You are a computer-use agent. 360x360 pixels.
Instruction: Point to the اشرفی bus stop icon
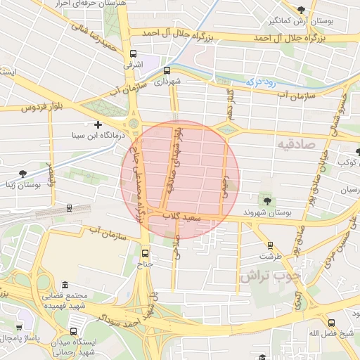click(x=132, y=53)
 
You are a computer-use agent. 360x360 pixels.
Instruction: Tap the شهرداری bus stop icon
click(x=167, y=70)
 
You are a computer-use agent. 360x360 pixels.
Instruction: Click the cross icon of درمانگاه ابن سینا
click(x=98, y=124)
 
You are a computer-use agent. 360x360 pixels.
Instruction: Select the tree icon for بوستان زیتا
click(x=23, y=173)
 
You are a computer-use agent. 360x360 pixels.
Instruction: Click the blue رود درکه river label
click(x=259, y=82)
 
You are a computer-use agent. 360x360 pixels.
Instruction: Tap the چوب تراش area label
click(x=269, y=276)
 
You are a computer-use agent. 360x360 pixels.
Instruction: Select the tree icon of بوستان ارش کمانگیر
click(x=302, y=9)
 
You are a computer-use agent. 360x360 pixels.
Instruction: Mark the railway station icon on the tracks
click(x=69, y=207)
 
